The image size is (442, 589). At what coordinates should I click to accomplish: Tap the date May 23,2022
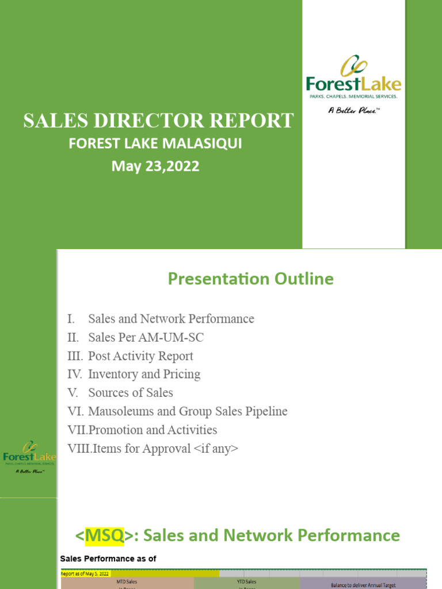tap(155, 166)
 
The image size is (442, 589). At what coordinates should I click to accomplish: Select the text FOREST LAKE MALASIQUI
tap(155, 143)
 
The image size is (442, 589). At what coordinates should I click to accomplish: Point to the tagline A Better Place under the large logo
tap(353, 110)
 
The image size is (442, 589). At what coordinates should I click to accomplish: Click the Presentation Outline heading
tap(250, 279)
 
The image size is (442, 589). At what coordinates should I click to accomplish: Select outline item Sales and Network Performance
tap(171, 319)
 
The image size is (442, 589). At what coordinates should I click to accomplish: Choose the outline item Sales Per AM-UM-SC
tap(146, 338)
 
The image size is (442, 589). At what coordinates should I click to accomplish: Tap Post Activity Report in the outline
tap(140, 356)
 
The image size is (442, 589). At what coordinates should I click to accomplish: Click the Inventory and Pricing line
tap(144, 374)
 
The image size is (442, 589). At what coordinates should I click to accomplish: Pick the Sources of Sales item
tap(131, 393)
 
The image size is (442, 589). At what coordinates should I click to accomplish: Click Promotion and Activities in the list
tap(153, 430)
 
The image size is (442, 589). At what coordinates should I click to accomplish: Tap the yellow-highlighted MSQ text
tap(104, 536)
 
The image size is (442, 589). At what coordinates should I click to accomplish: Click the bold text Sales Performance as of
tap(108, 559)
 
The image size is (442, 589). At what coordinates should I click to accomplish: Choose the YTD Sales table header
tap(247, 582)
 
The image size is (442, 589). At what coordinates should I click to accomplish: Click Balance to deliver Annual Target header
tap(363, 584)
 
